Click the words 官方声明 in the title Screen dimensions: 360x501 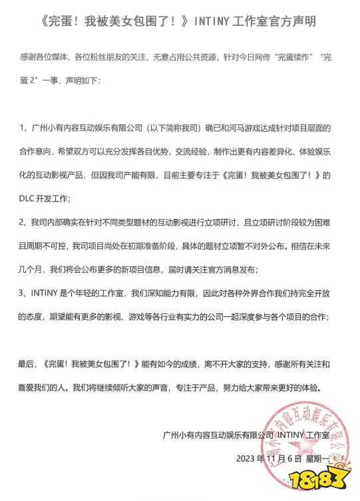point(293,22)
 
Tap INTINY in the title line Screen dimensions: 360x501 point(215,22)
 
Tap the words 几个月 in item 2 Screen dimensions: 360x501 point(35,269)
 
